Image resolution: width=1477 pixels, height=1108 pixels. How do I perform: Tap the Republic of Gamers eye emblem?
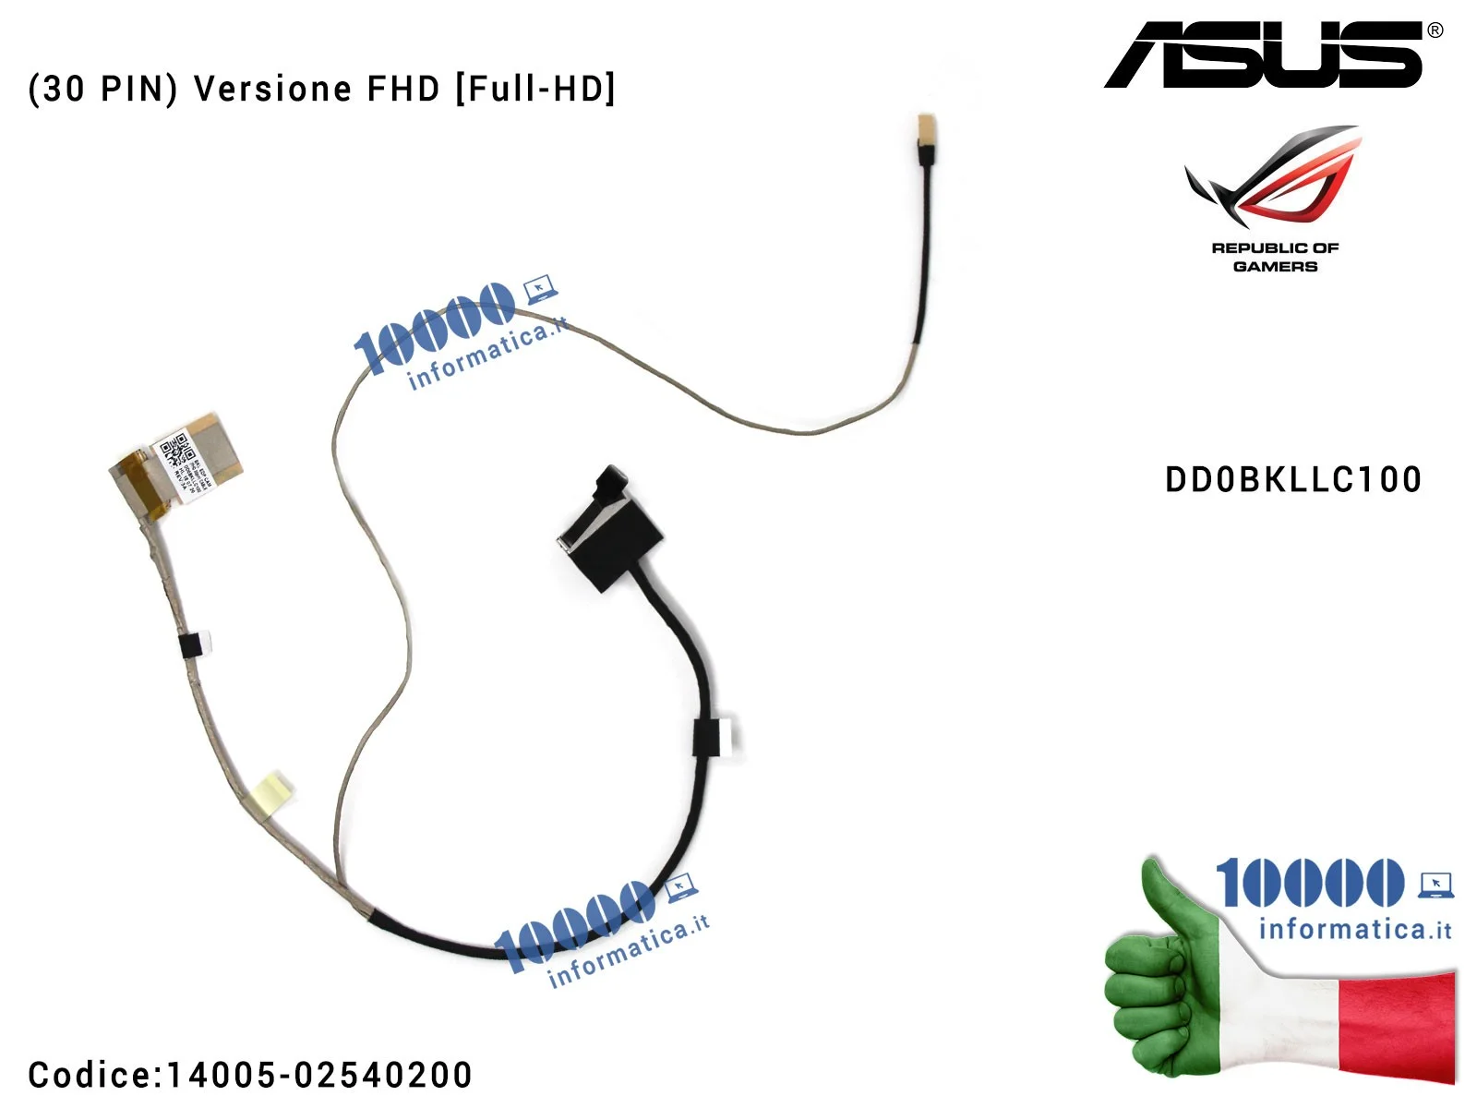pos(1274,175)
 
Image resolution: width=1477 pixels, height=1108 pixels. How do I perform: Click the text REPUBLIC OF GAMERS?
pos(1275,257)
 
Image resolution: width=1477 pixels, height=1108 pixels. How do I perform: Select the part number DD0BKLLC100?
pos(1292,480)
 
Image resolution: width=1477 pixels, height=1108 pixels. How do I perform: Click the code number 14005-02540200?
pos(318,1075)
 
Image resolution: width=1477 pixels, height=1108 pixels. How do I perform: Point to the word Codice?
pos(92,1075)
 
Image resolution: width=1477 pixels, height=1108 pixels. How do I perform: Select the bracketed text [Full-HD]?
pos(534,89)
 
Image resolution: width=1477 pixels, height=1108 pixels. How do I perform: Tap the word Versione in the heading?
pos(273,89)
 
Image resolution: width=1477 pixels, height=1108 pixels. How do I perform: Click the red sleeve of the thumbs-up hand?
pos(1394,1025)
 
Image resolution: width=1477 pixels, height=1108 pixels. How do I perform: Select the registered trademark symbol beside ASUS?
pos(1435,30)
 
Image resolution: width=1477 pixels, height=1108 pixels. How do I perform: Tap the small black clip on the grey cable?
pos(192,644)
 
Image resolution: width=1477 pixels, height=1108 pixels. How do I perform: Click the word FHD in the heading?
pos(403,89)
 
